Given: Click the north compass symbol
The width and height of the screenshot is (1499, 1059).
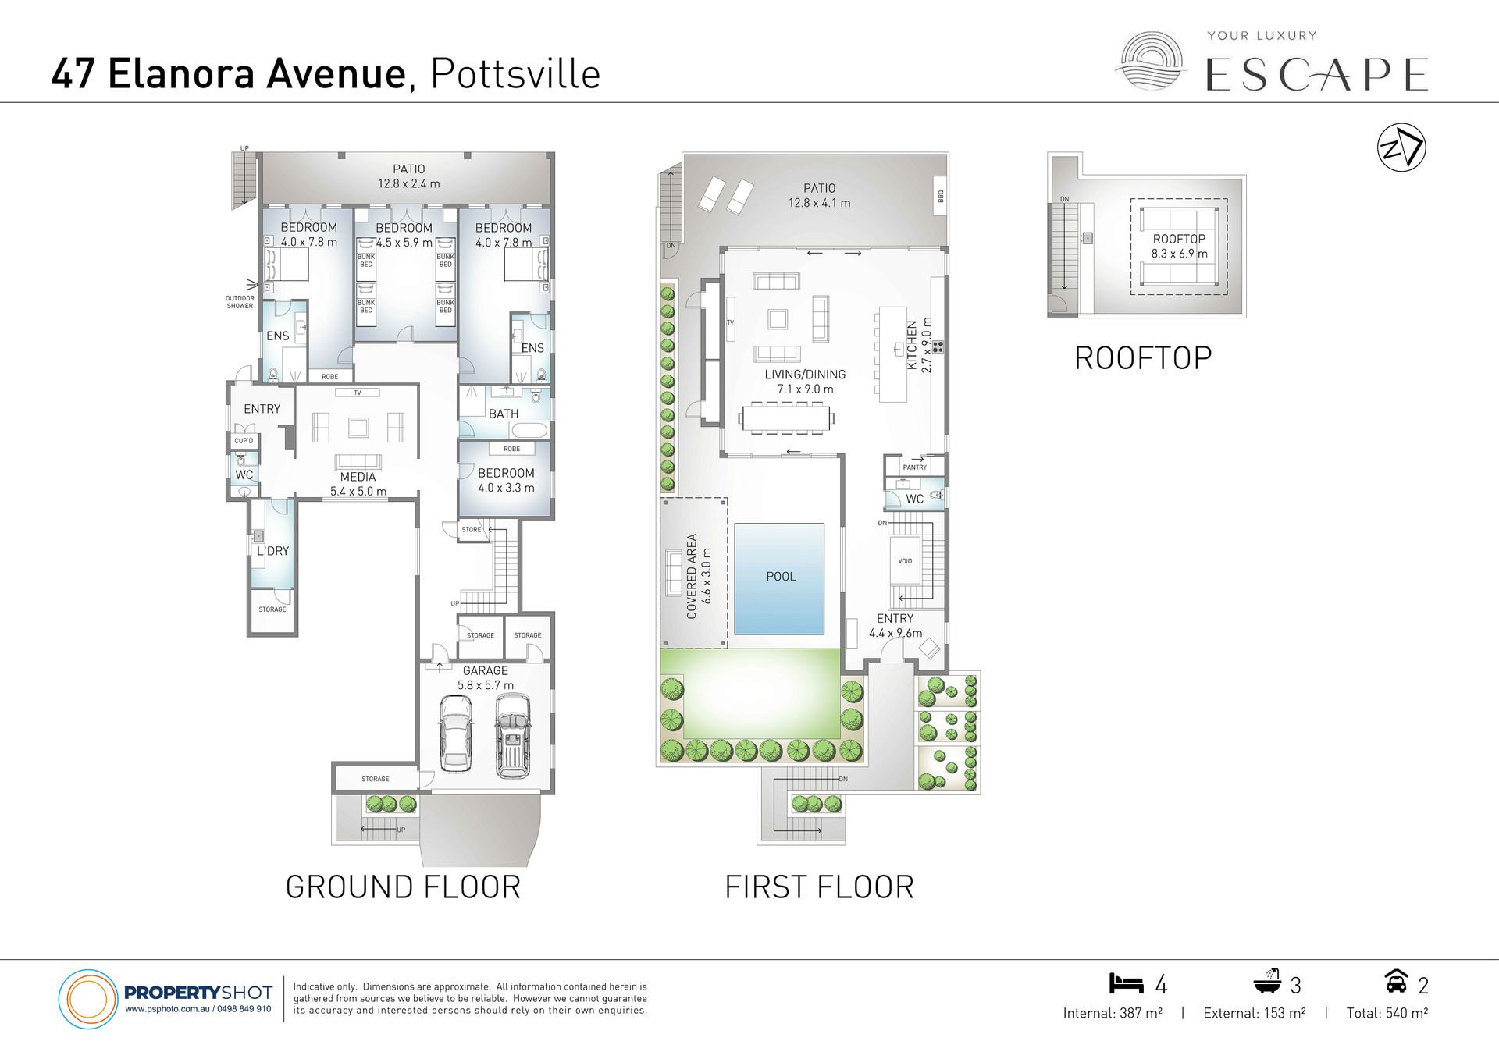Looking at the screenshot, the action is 1401,147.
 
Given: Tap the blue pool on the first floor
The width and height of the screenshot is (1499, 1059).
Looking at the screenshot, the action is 779,578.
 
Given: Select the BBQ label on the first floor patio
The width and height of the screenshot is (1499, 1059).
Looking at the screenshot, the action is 941,196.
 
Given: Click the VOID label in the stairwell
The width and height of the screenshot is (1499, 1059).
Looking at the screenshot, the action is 905,561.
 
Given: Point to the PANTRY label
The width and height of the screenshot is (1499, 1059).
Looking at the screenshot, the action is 915,467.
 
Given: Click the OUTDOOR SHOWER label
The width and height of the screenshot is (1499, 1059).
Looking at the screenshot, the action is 240,302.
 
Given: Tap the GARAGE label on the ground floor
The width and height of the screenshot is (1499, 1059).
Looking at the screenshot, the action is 485,670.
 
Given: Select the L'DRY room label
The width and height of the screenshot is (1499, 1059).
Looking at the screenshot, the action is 272,551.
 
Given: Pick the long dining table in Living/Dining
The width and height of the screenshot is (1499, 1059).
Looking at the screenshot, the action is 786,418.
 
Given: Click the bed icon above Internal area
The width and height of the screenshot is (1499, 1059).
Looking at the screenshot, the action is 1126,983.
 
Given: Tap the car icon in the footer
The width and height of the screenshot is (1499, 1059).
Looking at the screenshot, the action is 1396,981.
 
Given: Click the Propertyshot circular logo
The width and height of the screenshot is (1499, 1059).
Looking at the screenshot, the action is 87,999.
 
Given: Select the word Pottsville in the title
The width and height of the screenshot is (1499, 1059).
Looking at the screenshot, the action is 515,74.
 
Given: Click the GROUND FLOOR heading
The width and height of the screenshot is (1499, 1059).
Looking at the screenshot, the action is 403,887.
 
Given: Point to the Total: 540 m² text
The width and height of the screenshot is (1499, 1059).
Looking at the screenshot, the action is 1387,1013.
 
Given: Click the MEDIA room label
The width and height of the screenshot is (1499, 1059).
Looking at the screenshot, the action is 358,477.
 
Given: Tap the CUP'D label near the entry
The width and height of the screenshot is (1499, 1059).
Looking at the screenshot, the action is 244,441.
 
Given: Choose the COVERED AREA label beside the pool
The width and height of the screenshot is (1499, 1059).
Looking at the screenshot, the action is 691,576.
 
